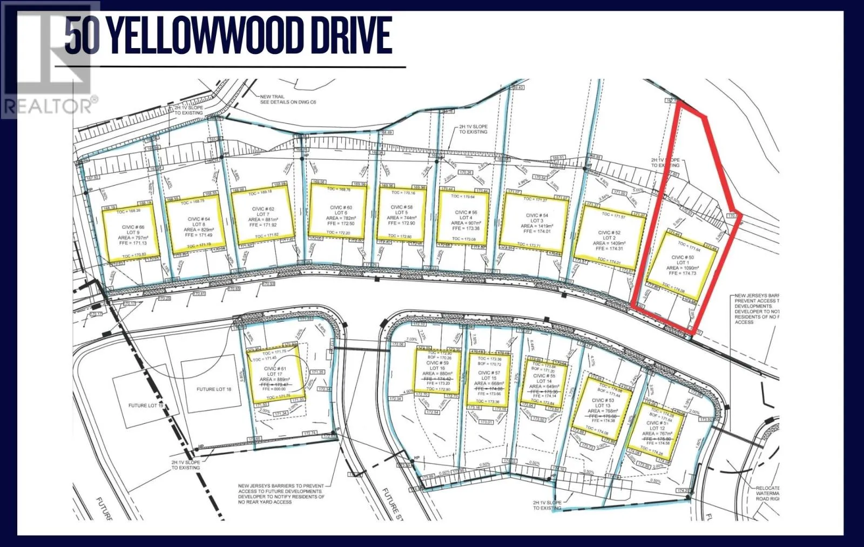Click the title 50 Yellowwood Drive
(x=228, y=36)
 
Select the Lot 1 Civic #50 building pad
(x=683, y=265)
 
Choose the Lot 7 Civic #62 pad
(x=262, y=216)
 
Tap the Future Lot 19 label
(x=145, y=406)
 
